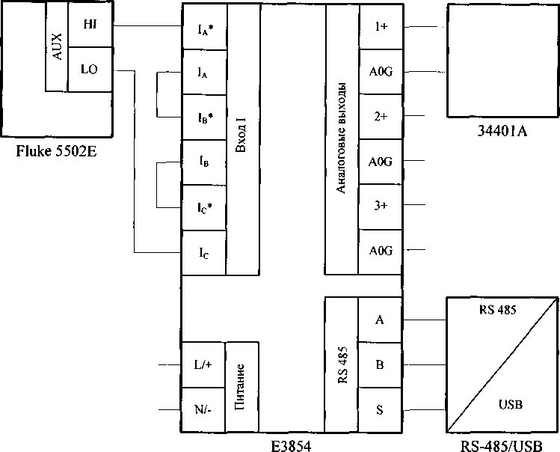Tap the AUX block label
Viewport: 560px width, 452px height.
pos(55,46)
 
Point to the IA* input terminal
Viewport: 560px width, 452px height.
pos(203,28)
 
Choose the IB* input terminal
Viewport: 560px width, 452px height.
pos(203,117)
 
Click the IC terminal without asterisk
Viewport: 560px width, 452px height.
pos(203,252)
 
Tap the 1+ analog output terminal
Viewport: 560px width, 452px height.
pos(380,27)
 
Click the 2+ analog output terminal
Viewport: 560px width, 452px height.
pos(380,117)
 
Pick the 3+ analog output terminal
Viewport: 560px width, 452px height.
pos(380,207)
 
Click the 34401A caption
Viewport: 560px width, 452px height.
pos(502,132)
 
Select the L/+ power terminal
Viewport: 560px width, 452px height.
pos(203,365)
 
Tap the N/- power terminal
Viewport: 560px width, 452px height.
pos(203,409)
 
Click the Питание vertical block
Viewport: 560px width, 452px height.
pos(241,388)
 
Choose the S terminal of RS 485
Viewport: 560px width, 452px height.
pos(380,410)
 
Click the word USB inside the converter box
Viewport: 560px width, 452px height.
pos(510,405)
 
